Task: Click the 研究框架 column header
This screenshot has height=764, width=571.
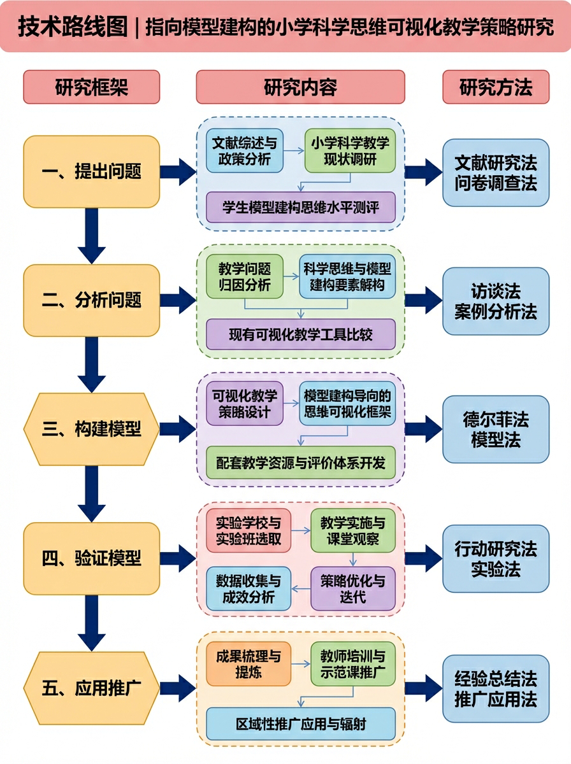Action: tap(91, 87)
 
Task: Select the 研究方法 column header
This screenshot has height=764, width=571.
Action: tap(495, 87)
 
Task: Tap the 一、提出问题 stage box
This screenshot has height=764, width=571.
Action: tap(91, 172)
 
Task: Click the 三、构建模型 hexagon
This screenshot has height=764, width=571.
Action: tap(91, 429)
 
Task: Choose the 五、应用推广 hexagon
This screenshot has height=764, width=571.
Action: tap(91, 688)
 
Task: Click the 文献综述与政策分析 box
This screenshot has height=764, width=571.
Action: tap(245, 151)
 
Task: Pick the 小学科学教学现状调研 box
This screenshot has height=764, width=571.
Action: tap(349, 151)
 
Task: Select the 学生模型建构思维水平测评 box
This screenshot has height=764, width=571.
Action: tap(300, 208)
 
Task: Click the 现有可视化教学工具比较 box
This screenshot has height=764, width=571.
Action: tap(300, 334)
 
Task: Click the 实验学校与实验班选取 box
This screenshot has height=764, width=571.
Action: tap(248, 531)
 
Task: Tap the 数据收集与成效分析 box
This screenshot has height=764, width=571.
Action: tap(248, 589)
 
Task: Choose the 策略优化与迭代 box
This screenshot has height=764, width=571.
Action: tap(352, 589)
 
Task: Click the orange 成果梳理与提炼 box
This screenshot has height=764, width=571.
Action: tap(248, 663)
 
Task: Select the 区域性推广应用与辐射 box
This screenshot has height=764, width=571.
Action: tap(300, 724)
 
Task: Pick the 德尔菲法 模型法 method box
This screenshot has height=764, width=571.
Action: tap(495, 429)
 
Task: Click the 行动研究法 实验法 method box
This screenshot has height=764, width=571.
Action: tap(495, 558)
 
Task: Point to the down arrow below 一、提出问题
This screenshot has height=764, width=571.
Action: tap(91, 236)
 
